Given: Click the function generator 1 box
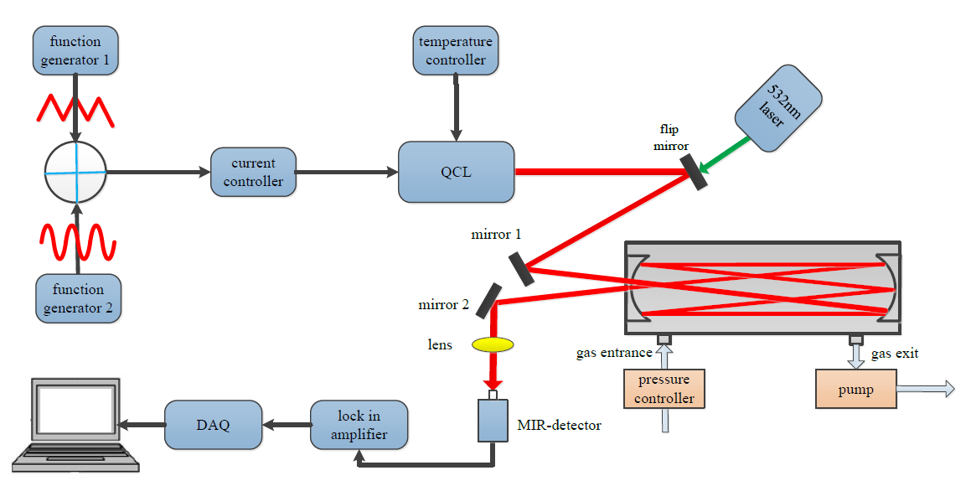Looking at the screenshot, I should (x=75, y=49).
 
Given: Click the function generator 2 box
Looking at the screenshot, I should (x=78, y=298).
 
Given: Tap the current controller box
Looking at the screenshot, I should (x=253, y=173).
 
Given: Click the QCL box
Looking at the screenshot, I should (x=456, y=173).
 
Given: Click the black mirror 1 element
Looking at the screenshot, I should (x=520, y=268).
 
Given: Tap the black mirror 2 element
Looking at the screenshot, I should (x=489, y=301).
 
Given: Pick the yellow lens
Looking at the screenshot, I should (x=493, y=344).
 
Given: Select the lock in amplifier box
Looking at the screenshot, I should (x=359, y=425).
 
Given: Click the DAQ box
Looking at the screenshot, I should (x=214, y=425).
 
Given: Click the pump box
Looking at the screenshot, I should (x=855, y=389).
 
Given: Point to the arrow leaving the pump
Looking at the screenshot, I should (x=925, y=388).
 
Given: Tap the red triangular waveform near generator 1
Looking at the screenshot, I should (x=76, y=109).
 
